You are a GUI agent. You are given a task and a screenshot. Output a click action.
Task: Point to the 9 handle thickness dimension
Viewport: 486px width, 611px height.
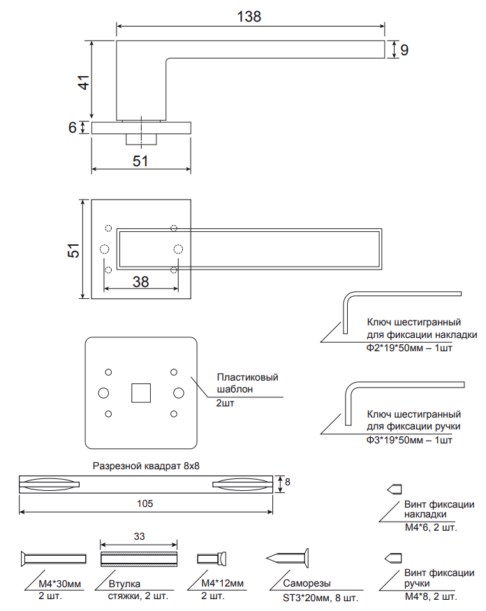click(x=404, y=50)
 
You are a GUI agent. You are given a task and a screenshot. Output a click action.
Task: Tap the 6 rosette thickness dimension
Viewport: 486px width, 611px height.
click(x=72, y=128)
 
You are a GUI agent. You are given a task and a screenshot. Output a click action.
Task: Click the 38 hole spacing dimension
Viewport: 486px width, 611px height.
click(x=140, y=281)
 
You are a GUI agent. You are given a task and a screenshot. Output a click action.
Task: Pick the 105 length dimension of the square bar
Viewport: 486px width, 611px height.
click(x=145, y=503)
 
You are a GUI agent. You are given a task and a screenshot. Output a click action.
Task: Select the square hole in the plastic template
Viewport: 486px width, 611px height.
click(x=142, y=392)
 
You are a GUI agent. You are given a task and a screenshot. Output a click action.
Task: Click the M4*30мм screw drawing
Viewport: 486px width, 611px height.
click(x=53, y=558)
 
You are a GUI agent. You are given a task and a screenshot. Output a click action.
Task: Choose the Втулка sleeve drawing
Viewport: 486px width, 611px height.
click(x=139, y=558)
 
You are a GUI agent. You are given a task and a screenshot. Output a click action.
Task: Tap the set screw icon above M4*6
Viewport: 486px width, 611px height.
click(x=395, y=489)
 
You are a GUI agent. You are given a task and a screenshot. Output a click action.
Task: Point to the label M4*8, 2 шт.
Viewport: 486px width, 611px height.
click(x=430, y=597)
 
